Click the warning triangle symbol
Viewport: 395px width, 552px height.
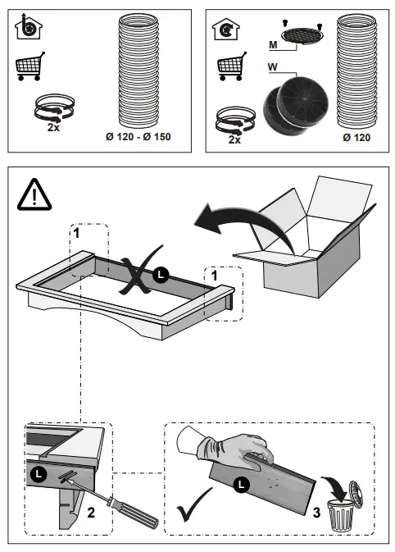click(34, 195)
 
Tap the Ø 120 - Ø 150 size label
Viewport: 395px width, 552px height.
click(138, 137)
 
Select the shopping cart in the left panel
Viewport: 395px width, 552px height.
click(30, 66)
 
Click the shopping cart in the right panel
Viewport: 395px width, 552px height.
click(232, 66)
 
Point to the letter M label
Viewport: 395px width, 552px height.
click(273, 45)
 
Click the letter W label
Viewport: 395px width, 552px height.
click(273, 67)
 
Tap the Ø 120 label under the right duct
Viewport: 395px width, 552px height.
click(356, 137)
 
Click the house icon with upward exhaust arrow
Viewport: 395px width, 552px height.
click(28, 27)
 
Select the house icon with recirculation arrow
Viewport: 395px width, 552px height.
click(226, 30)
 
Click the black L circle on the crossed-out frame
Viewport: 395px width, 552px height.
click(161, 275)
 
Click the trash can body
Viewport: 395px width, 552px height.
click(341, 516)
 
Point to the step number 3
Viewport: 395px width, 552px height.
click(316, 512)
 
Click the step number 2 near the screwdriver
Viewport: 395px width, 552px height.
click(91, 512)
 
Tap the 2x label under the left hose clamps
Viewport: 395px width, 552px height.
click(53, 127)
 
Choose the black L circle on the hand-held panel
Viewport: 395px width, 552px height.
click(241, 485)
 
